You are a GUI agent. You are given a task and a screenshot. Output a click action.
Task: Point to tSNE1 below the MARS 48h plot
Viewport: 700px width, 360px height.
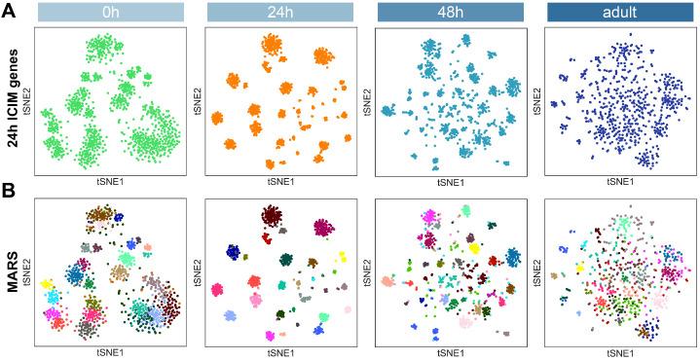(449, 353)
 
